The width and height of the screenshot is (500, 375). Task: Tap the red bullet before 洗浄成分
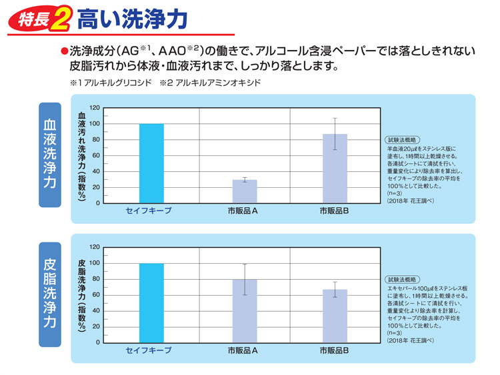click(x=65, y=51)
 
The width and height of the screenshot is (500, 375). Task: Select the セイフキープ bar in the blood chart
click(x=151, y=163)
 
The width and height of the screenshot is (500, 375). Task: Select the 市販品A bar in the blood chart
click(x=245, y=191)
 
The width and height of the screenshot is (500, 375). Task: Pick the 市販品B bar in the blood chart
click(x=335, y=169)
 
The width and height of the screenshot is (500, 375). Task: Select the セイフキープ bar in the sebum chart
click(x=151, y=303)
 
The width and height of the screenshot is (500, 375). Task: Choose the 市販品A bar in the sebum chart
click(x=245, y=310)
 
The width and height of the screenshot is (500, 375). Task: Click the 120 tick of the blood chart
click(x=94, y=108)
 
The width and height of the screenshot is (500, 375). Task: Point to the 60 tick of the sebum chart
click(x=95, y=295)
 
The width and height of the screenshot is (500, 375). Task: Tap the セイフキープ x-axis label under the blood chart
click(x=149, y=211)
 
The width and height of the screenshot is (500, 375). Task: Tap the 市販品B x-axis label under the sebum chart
click(x=335, y=350)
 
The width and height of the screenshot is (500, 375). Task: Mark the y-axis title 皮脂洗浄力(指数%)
click(x=82, y=295)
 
